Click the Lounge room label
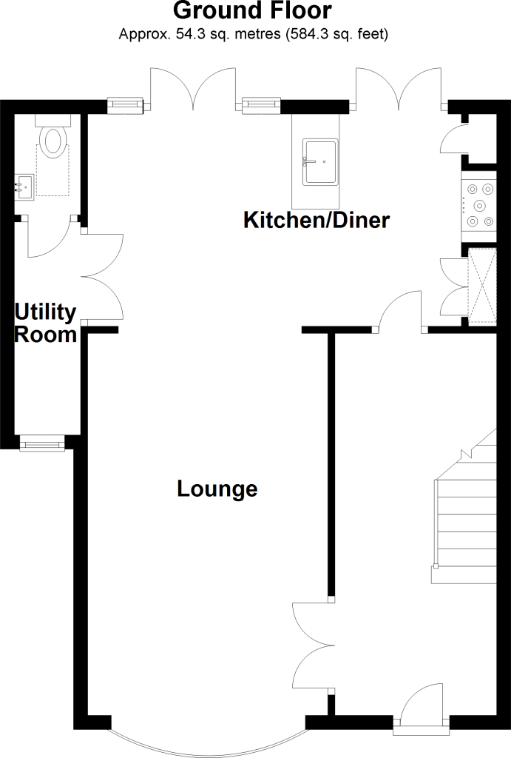tap(217, 489)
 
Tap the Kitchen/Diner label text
tap(317, 220)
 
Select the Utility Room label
tap(45, 323)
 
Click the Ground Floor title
tap(253, 10)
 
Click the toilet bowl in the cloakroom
tap(53, 141)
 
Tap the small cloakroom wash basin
tap(24, 187)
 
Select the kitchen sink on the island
tap(320, 162)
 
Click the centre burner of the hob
tap(479, 206)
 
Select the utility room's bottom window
tap(42, 443)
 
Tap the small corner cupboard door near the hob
tap(454, 138)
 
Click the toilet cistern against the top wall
tap(53, 121)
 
